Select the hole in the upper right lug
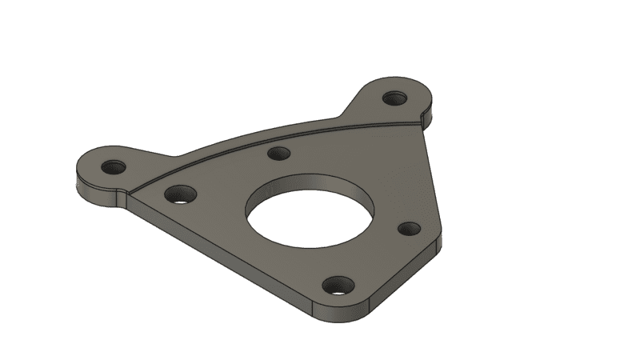[394, 98]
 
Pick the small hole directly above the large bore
[278, 154]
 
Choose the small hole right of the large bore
[409, 229]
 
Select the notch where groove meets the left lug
[128, 190]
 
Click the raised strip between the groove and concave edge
[240, 144]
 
